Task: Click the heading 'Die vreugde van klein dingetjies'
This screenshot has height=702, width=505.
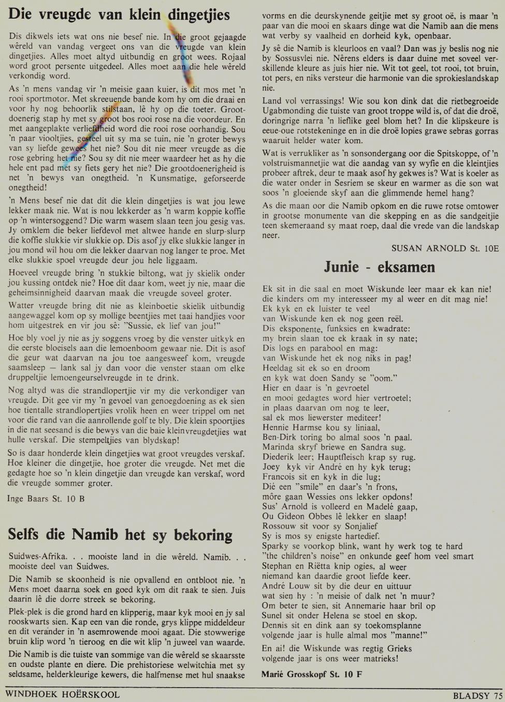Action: point(119,14)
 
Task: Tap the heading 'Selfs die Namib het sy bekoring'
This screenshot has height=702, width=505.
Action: point(120,534)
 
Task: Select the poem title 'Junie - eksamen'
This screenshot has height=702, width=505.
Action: point(380,267)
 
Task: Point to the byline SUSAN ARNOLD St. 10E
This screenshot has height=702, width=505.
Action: point(445,248)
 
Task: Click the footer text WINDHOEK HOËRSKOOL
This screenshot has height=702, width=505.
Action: point(63,695)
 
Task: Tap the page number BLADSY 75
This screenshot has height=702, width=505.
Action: point(477,696)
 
